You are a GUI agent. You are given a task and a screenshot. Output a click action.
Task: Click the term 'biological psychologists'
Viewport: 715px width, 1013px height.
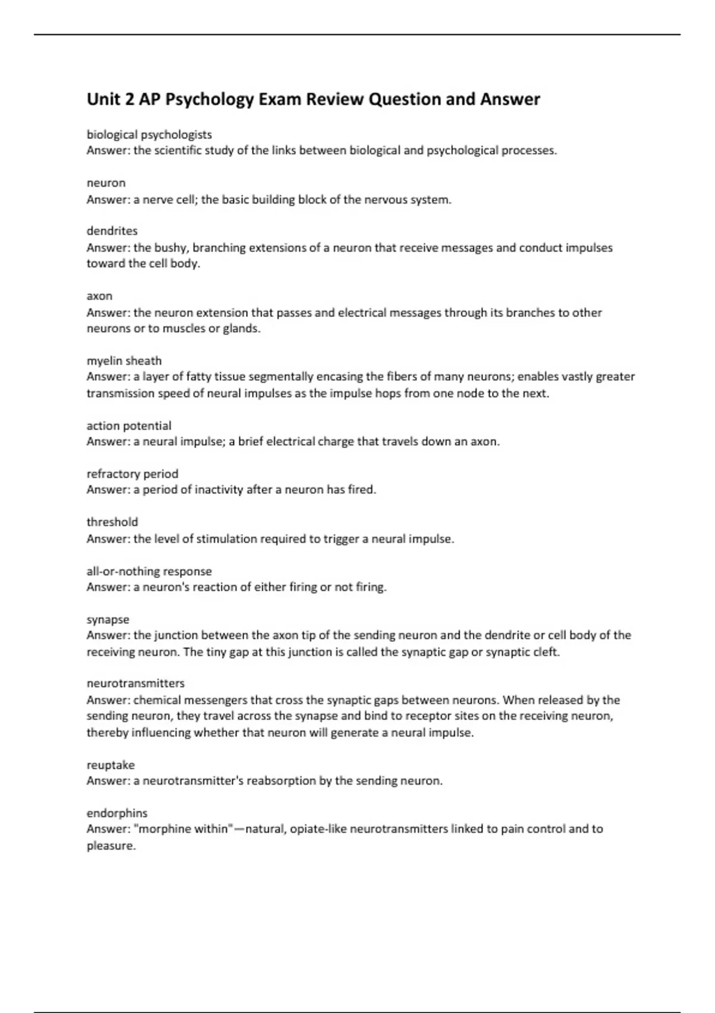click(x=149, y=135)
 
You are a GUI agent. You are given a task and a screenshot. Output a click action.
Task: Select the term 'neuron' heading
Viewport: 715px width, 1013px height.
click(x=106, y=183)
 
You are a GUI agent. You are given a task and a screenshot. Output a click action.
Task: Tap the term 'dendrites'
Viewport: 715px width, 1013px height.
click(x=112, y=231)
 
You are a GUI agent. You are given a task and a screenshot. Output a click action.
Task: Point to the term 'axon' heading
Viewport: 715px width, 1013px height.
click(x=100, y=296)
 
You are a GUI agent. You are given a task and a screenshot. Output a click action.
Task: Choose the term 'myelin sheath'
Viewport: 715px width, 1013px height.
click(x=124, y=361)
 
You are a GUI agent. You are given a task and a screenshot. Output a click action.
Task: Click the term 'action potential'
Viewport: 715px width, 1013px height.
click(x=129, y=426)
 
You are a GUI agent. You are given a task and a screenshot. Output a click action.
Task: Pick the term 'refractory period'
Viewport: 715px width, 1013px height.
click(x=132, y=474)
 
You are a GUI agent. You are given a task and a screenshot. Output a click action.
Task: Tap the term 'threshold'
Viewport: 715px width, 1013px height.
click(x=112, y=522)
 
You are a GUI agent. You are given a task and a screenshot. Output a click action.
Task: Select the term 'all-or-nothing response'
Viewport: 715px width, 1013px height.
click(x=149, y=571)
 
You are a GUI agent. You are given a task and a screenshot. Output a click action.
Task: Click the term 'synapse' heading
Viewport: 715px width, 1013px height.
click(x=108, y=620)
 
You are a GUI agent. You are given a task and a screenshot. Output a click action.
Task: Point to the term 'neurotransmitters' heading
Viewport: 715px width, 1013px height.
click(x=135, y=683)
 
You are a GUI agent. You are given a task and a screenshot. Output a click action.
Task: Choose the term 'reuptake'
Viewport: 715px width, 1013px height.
click(x=111, y=765)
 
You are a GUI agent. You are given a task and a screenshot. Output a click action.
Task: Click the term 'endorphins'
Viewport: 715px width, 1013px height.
click(x=117, y=813)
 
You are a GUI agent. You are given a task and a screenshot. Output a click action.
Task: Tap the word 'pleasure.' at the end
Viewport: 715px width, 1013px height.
click(x=111, y=846)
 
